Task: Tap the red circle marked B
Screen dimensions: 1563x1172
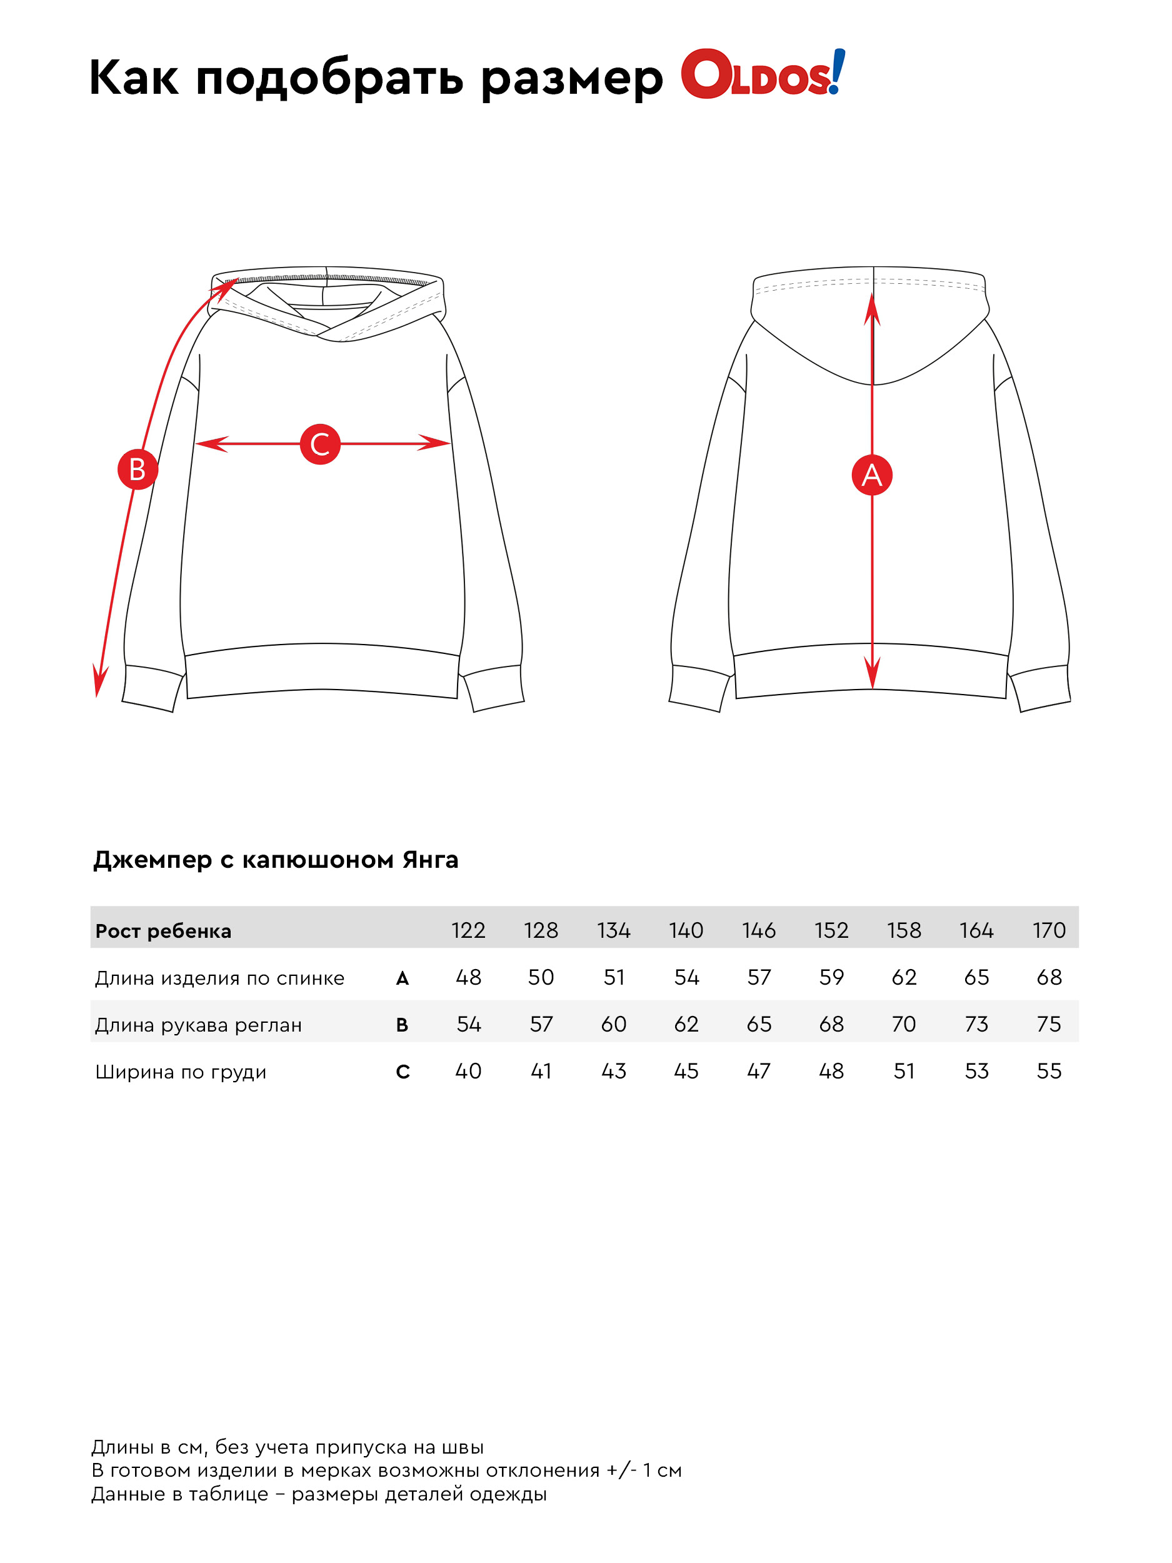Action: click(x=137, y=469)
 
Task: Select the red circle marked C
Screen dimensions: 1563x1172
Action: click(x=320, y=445)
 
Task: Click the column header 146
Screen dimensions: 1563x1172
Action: click(x=758, y=930)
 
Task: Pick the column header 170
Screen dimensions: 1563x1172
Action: click(x=1048, y=930)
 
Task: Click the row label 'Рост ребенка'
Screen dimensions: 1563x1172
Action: click(x=163, y=932)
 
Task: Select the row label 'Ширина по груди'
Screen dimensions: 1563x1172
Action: click(x=180, y=1072)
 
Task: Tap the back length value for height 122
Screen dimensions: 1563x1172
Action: click(x=468, y=977)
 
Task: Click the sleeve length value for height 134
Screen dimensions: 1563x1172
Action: click(x=613, y=1024)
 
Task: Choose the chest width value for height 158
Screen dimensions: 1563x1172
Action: click(x=904, y=1071)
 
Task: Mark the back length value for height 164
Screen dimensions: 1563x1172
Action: click(x=976, y=977)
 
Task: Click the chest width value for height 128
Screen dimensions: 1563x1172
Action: click(x=541, y=1071)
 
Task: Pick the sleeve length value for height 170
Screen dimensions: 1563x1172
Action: click(x=1048, y=1024)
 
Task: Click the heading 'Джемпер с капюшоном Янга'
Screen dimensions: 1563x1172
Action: click(x=276, y=860)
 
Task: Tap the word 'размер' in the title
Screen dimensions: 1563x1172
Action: click(x=571, y=79)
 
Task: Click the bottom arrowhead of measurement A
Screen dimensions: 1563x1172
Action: click(x=873, y=675)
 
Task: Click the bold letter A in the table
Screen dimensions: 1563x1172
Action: click(x=402, y=978)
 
